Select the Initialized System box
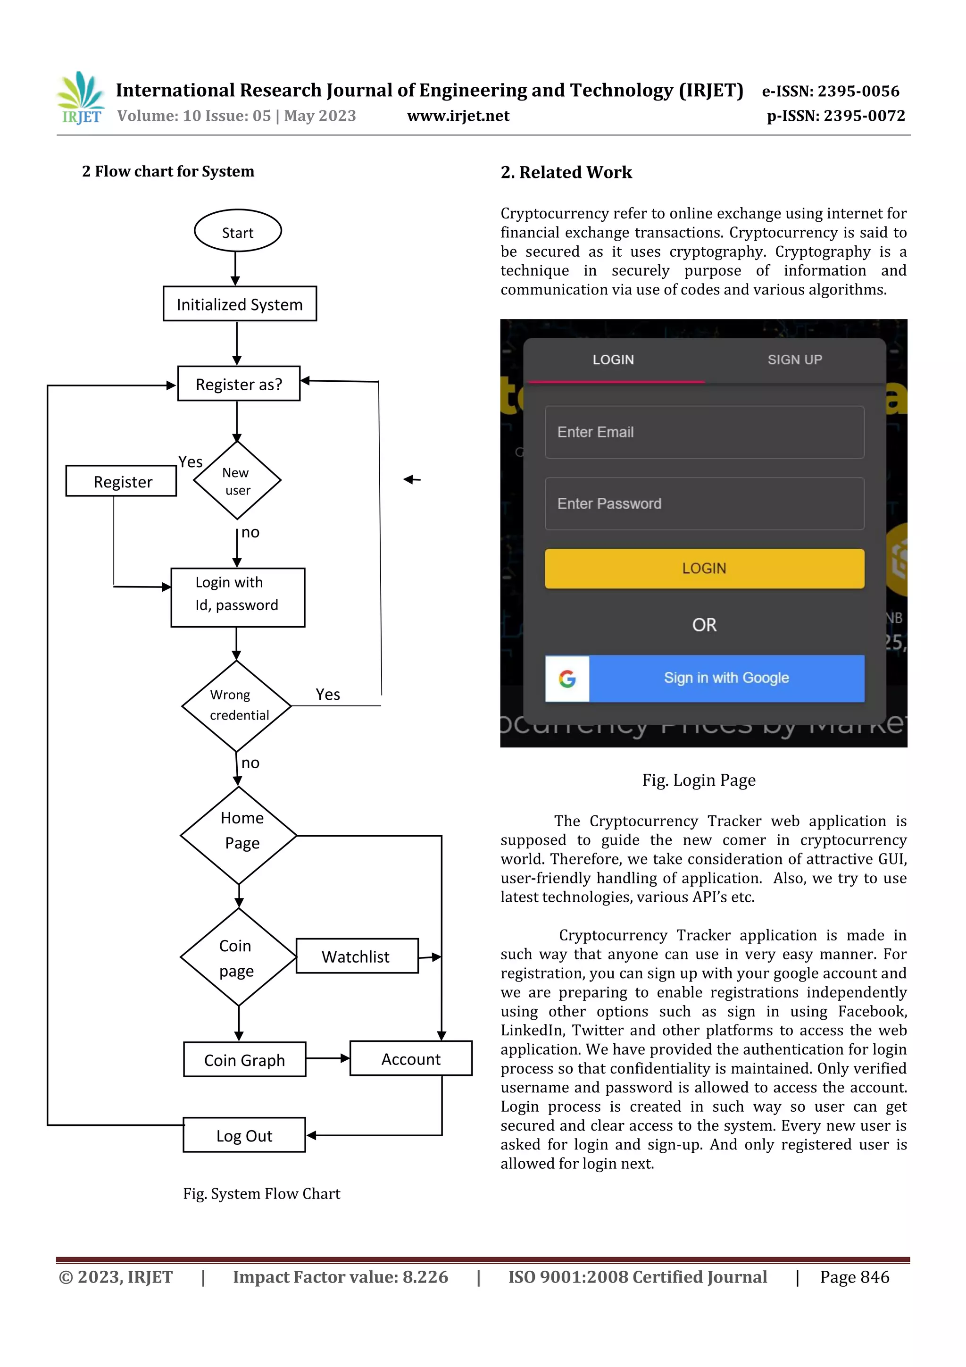(x=239, y=304)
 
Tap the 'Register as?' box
(x=239, y=384)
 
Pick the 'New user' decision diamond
(x=237, y=480)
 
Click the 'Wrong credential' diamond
(x=236, y=705)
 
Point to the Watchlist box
(x=357, y=956)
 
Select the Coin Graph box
(x=244, y=1060)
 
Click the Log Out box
(x=244, y=1135)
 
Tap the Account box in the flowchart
(x=411, y=1058)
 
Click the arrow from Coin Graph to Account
(x=327, y=1058)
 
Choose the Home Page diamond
(x=239, y=835)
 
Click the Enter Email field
(x=704, y=432)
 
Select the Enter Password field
(x=704, y=503)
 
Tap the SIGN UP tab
(x=795, y=360)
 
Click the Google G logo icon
(x=567, y=679)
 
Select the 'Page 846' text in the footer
(x=854, y=1276)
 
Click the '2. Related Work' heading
(x=566, y=173)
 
